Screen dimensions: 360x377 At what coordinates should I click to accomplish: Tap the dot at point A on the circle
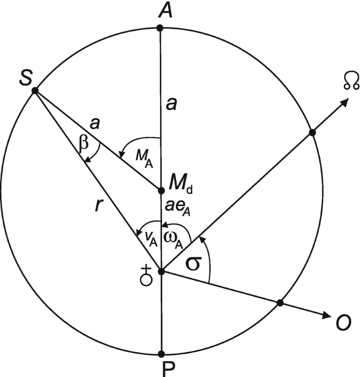coord(161,27)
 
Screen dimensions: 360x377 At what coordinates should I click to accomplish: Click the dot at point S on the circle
coord(35,91)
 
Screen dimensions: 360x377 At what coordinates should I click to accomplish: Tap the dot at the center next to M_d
coord(161,190)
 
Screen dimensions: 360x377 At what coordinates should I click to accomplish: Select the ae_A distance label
coord(178,209)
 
